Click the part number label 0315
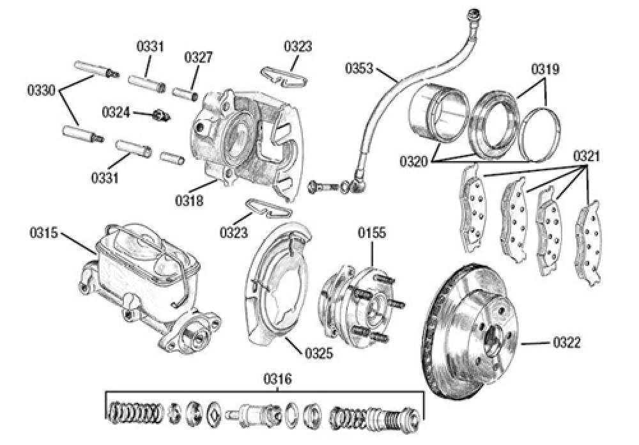(43, 232)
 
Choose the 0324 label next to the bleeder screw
(116, 113)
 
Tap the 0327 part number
(199, 57)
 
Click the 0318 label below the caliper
(190, 201)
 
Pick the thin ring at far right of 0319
(541, 135)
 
